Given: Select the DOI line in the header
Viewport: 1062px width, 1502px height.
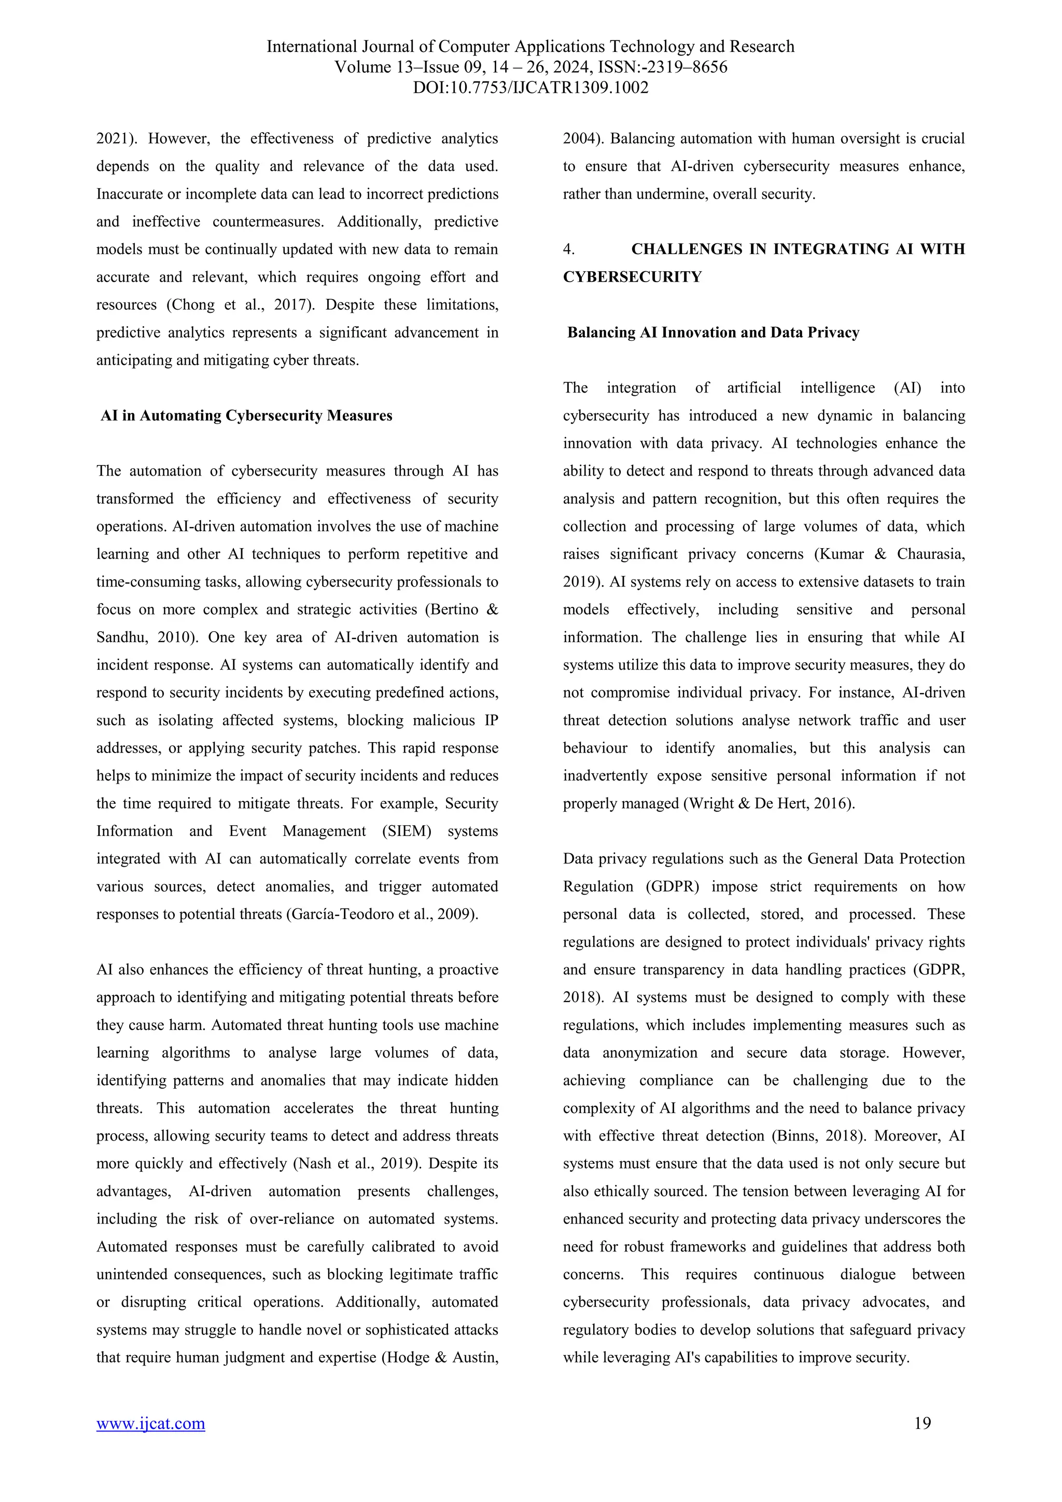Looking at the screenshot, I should coord(530,88).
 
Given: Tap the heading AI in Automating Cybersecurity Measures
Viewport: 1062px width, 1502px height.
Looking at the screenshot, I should coord(246,416).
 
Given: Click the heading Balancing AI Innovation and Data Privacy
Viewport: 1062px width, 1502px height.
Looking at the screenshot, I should coord(713,333).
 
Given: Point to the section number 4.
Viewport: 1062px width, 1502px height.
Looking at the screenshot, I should coord(568,249).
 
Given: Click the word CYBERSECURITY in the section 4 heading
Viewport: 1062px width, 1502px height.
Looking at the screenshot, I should coord(632,277).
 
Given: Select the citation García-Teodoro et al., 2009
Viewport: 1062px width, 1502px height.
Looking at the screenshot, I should coord(382,914).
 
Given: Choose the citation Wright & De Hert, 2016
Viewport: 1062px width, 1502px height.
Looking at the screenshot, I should coord(768,804).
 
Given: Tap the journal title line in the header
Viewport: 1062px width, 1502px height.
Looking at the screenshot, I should coord(530,47).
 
